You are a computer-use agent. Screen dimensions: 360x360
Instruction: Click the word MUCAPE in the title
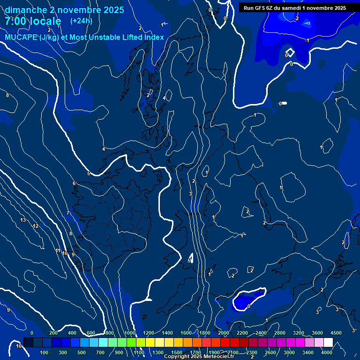(21, 37)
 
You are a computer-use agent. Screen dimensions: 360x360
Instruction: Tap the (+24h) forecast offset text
(81, 21)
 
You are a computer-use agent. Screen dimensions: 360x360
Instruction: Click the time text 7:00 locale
(33, 21)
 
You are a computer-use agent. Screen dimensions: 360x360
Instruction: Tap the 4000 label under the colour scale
(327, 352)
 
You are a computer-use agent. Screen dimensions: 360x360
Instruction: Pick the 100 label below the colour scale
(45, 352)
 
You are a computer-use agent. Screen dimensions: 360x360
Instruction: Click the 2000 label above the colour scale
(224, 333)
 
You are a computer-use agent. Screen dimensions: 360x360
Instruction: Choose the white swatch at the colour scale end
(328, 343)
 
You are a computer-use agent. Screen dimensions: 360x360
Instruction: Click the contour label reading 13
(23, 220)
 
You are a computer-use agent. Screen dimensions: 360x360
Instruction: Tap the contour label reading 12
(36, 226)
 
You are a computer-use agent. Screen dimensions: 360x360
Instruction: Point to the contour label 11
(58, 251)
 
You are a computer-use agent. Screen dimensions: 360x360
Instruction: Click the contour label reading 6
(74, 183)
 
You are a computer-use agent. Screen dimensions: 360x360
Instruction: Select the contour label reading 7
(67, 213)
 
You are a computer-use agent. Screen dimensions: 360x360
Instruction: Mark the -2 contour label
(296, 18)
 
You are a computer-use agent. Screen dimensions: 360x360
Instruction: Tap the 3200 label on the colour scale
(298, 333)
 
